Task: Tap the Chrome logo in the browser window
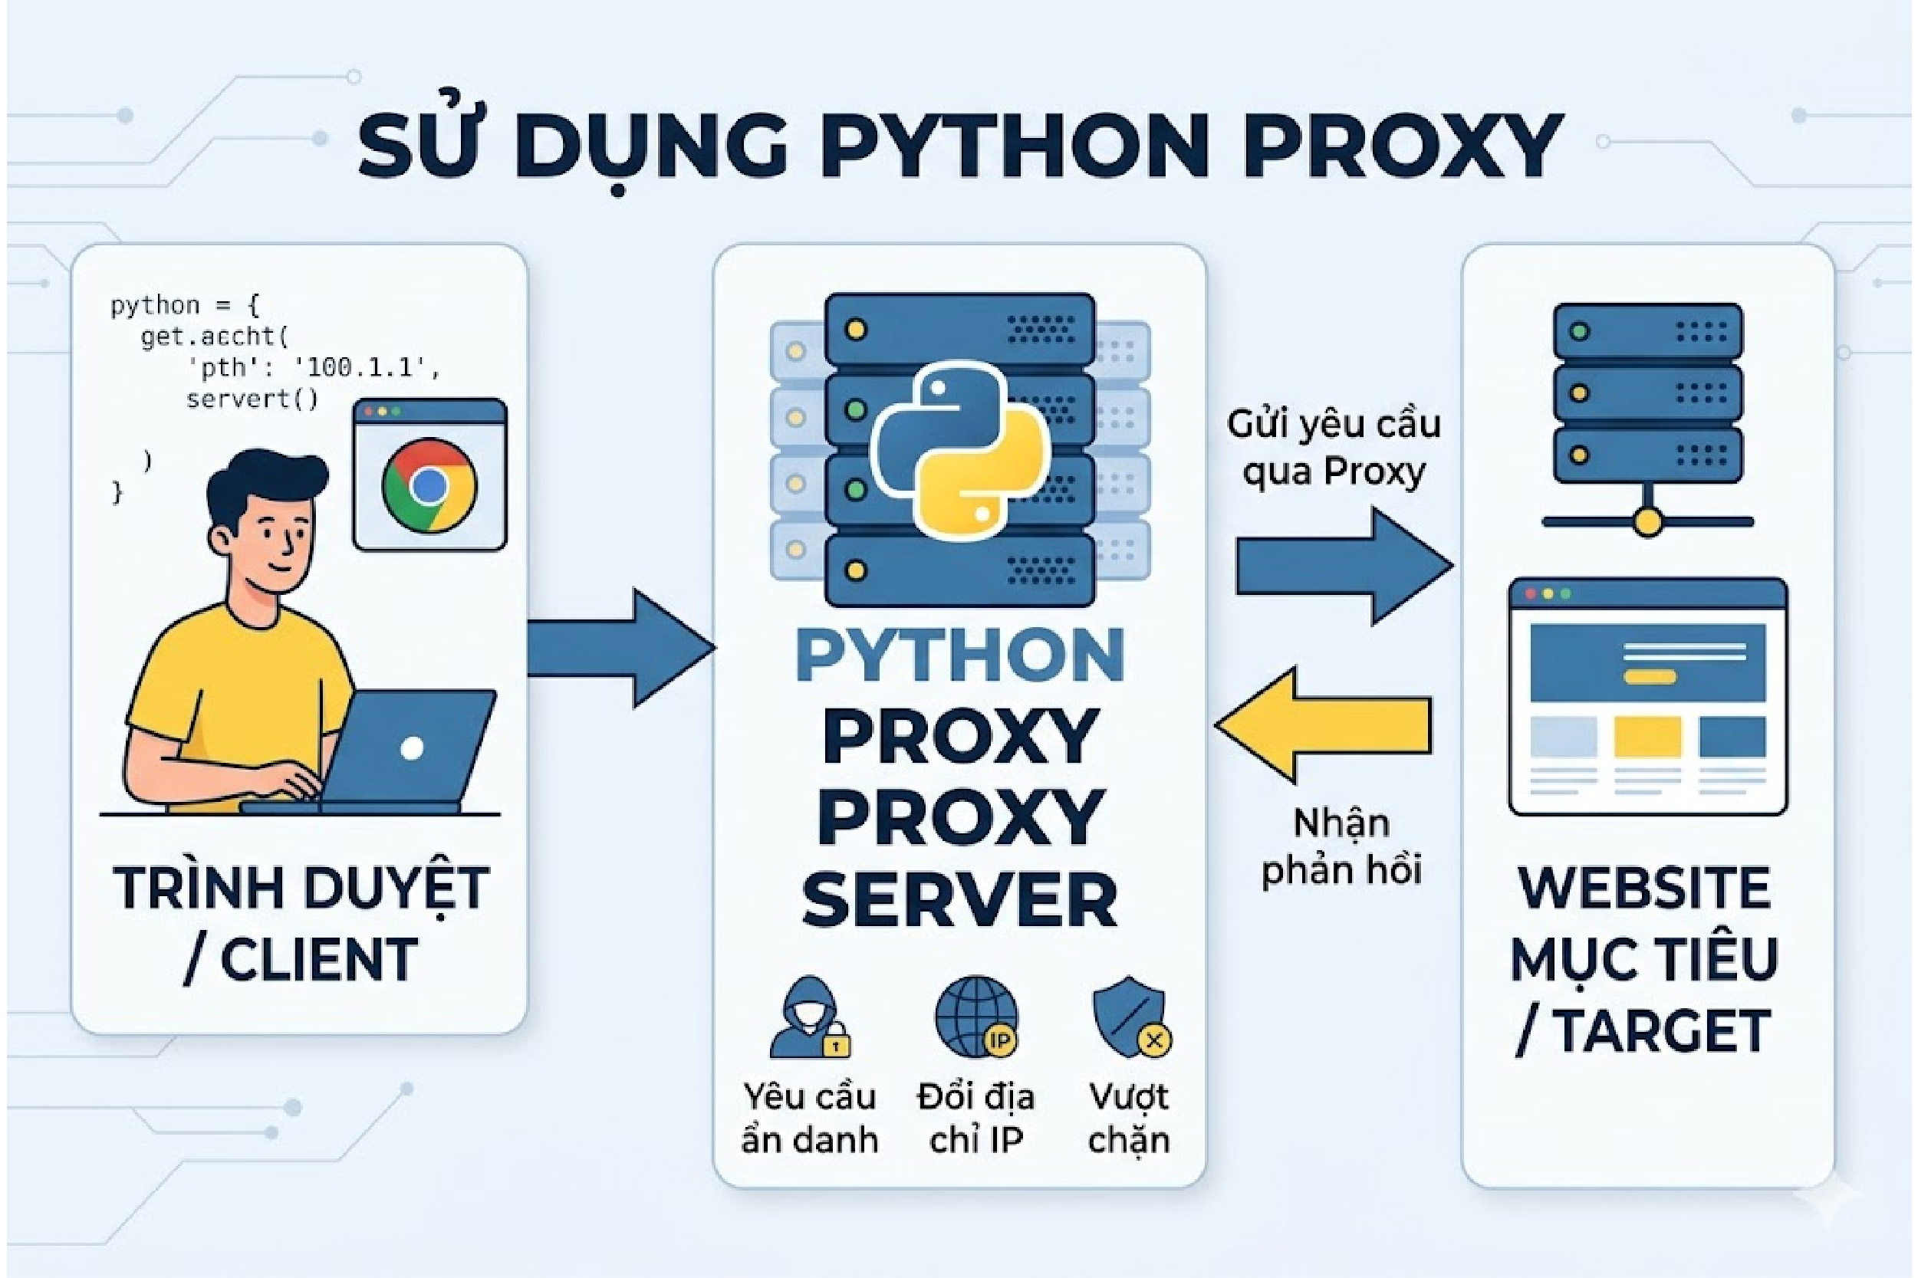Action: (429, 486)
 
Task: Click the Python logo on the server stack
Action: (959, 450)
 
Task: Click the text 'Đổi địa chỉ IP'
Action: (975, 1118)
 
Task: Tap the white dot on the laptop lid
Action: (413, 748)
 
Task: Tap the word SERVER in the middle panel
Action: (959, 900)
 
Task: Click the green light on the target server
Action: (1579, 332)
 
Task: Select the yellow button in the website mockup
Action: (1650, 676)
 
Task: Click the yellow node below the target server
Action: (1647, 521)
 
